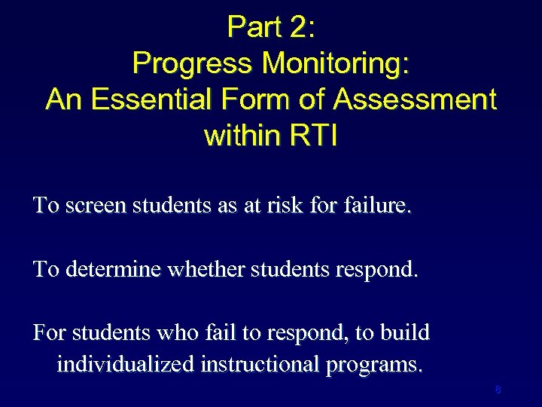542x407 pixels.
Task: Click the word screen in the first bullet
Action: [98, 206]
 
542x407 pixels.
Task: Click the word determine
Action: [113, 269]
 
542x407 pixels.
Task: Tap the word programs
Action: [374, 364]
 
